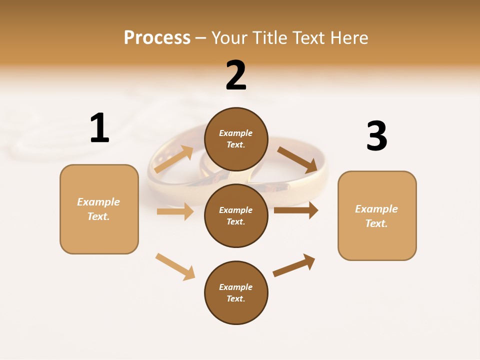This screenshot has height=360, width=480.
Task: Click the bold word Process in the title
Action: coord(157,38)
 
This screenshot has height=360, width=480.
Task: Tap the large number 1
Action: coord(99,128)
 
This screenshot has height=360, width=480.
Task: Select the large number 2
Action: coord(236,75)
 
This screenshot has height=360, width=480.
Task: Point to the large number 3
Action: coord(376,136)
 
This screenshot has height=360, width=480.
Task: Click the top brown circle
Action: coord(236,139)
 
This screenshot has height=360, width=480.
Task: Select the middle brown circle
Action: coord(236,216)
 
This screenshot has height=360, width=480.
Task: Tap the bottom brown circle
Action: coord(236,293)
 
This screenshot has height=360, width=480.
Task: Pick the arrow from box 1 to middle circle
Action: coord(175,211)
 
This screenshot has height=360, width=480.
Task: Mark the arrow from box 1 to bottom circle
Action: coord(175,266)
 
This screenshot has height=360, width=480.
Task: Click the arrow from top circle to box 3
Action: coord(297,160)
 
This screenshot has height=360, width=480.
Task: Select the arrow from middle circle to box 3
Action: coord(295,210)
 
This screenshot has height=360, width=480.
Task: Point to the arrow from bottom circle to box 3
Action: coord(294,265)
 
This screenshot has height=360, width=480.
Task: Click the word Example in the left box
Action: coord(98,202)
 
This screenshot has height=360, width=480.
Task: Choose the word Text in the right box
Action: coord(375,223)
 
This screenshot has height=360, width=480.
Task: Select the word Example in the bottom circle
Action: coord(236,287)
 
